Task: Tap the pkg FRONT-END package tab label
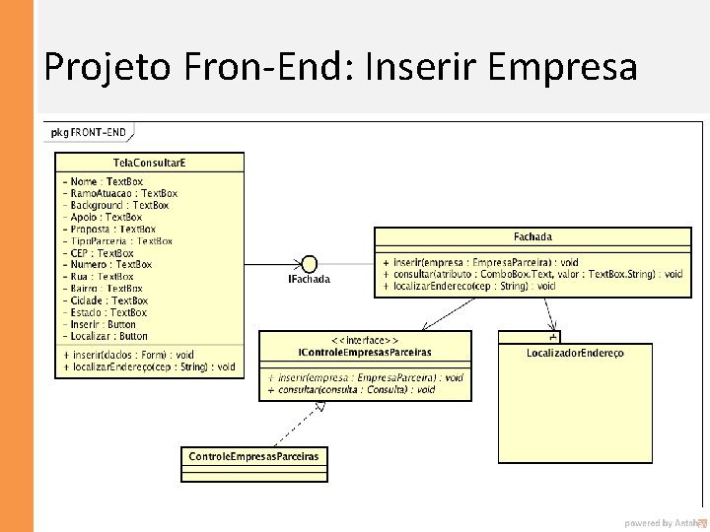[x=89, y=132]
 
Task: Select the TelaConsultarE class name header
[x=149, y=162]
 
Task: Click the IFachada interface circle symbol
[x=308, y=263]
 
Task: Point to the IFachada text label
[x=309, y=280]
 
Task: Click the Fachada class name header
[x=532, y=236]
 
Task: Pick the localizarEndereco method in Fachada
[x=474, y=287]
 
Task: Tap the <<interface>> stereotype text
[x=365, y=340]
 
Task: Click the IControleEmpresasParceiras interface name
[x=365, y=352]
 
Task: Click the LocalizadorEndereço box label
[x=575, y=353]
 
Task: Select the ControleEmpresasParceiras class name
[x=253, y=456]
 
